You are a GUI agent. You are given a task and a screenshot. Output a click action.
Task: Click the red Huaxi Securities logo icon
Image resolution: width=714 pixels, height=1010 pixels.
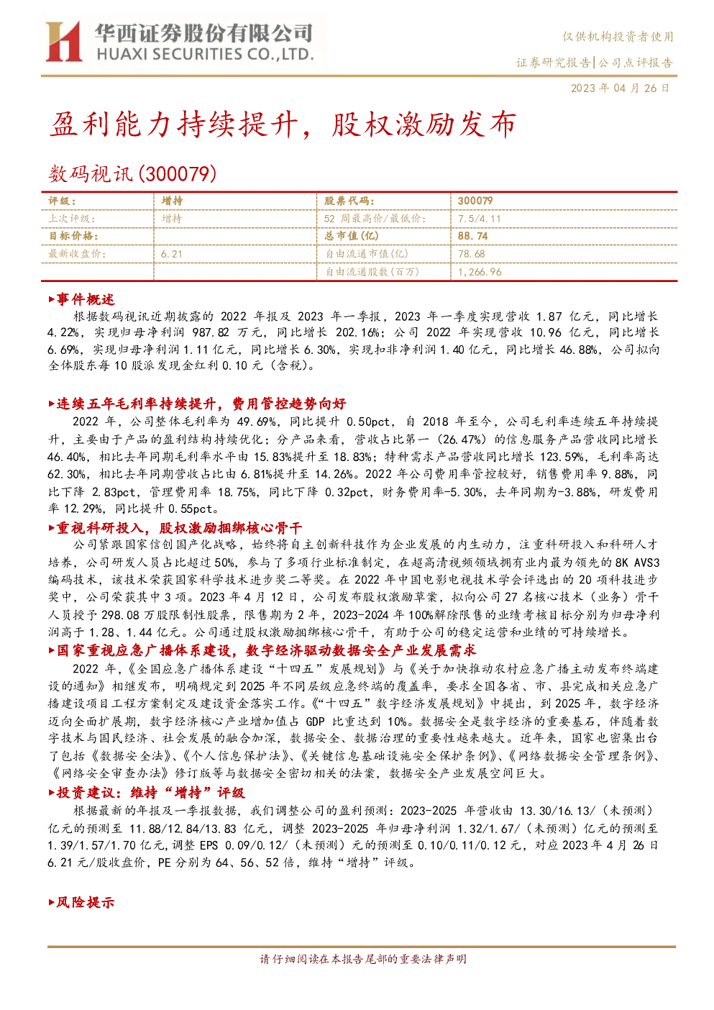point(64,41)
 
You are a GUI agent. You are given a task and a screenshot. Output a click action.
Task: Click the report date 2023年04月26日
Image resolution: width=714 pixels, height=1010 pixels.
point(621,88)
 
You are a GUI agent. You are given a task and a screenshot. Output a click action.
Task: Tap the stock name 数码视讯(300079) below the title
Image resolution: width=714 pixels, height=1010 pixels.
point(132,174)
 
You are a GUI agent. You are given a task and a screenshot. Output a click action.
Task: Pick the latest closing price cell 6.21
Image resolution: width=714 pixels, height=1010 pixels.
point(172,254)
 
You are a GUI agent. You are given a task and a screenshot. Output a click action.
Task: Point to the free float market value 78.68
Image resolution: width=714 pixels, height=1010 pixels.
point(472,254)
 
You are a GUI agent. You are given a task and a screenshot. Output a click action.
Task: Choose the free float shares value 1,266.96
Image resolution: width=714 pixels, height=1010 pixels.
point(480,272)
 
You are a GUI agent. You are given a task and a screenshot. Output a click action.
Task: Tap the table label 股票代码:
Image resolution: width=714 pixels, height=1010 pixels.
point(349,201)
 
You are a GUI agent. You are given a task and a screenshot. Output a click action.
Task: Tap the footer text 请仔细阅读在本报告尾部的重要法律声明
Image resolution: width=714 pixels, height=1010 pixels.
point(363,959)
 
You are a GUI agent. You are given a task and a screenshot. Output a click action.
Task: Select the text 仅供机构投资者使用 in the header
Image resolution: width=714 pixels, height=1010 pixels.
point(618,37)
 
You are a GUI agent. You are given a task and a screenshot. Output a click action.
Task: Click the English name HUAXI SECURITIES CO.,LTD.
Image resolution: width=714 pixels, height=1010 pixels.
point(205,55)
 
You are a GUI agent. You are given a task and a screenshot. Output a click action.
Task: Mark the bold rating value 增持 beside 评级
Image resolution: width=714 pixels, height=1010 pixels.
point(172,201)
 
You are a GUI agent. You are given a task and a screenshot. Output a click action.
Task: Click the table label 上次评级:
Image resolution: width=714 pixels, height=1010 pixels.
point(72,219)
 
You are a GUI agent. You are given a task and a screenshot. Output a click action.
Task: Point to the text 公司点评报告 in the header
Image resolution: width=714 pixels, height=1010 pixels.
point(636,62)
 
